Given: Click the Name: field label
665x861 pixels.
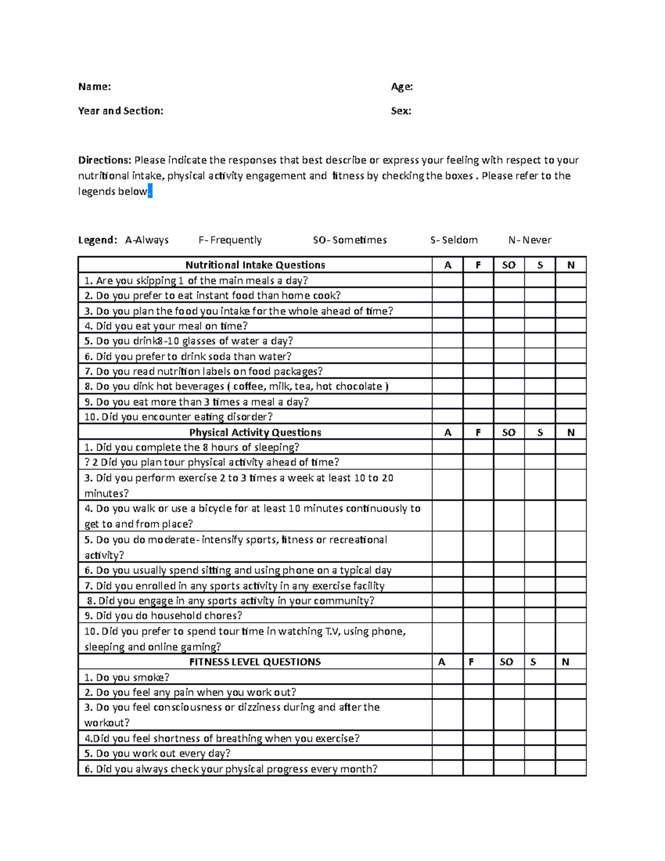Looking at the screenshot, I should pos(94,86).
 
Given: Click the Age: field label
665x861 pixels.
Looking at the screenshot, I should pos(402,86).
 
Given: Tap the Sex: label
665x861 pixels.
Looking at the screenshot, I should pos(401,111).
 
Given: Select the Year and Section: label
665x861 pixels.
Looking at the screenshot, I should pos(120,111).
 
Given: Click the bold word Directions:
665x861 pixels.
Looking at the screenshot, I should pos(104,160).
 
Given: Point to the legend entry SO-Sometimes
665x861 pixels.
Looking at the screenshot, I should pos(350,240).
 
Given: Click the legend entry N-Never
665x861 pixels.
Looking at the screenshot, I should pos(529,240).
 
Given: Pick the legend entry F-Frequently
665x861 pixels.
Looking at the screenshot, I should pos(230,240).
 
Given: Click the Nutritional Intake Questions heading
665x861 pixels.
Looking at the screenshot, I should pos(255,265).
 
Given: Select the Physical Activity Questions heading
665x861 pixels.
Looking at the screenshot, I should pos(255,432).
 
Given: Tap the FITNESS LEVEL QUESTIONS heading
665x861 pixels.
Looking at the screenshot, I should pos(255,662).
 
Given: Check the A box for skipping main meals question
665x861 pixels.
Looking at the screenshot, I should pos(447,281).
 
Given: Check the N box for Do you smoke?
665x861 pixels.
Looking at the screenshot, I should pos(570,677).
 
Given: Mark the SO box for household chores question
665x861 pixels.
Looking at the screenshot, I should pos(508,615).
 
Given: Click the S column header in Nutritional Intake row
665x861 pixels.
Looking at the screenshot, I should pos(540,265).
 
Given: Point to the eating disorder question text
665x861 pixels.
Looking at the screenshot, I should pos(178,417).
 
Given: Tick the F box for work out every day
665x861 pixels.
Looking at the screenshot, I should pos(478,753).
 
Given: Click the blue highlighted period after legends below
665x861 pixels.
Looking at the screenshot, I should pos(150,192).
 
